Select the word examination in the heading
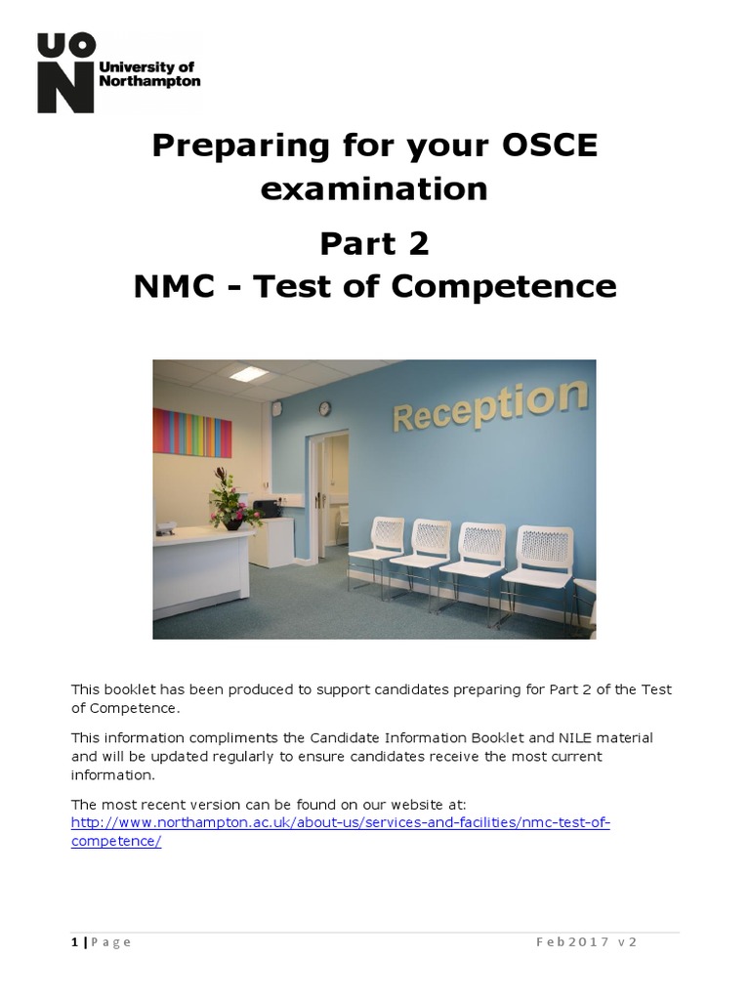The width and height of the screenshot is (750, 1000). click(374, 187)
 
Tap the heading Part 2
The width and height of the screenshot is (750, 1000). click(374, 244)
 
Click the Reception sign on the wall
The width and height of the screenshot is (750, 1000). click(489, 406)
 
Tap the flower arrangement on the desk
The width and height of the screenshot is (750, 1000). click(231, 499)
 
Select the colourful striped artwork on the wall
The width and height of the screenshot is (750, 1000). click(192, 432)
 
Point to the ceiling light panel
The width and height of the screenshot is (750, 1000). click(248, 374)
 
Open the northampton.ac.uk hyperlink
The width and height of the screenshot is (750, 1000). click(340, 822)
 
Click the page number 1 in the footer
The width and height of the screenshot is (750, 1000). click(75, 942)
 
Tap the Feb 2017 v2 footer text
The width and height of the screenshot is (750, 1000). click(587, 942)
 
